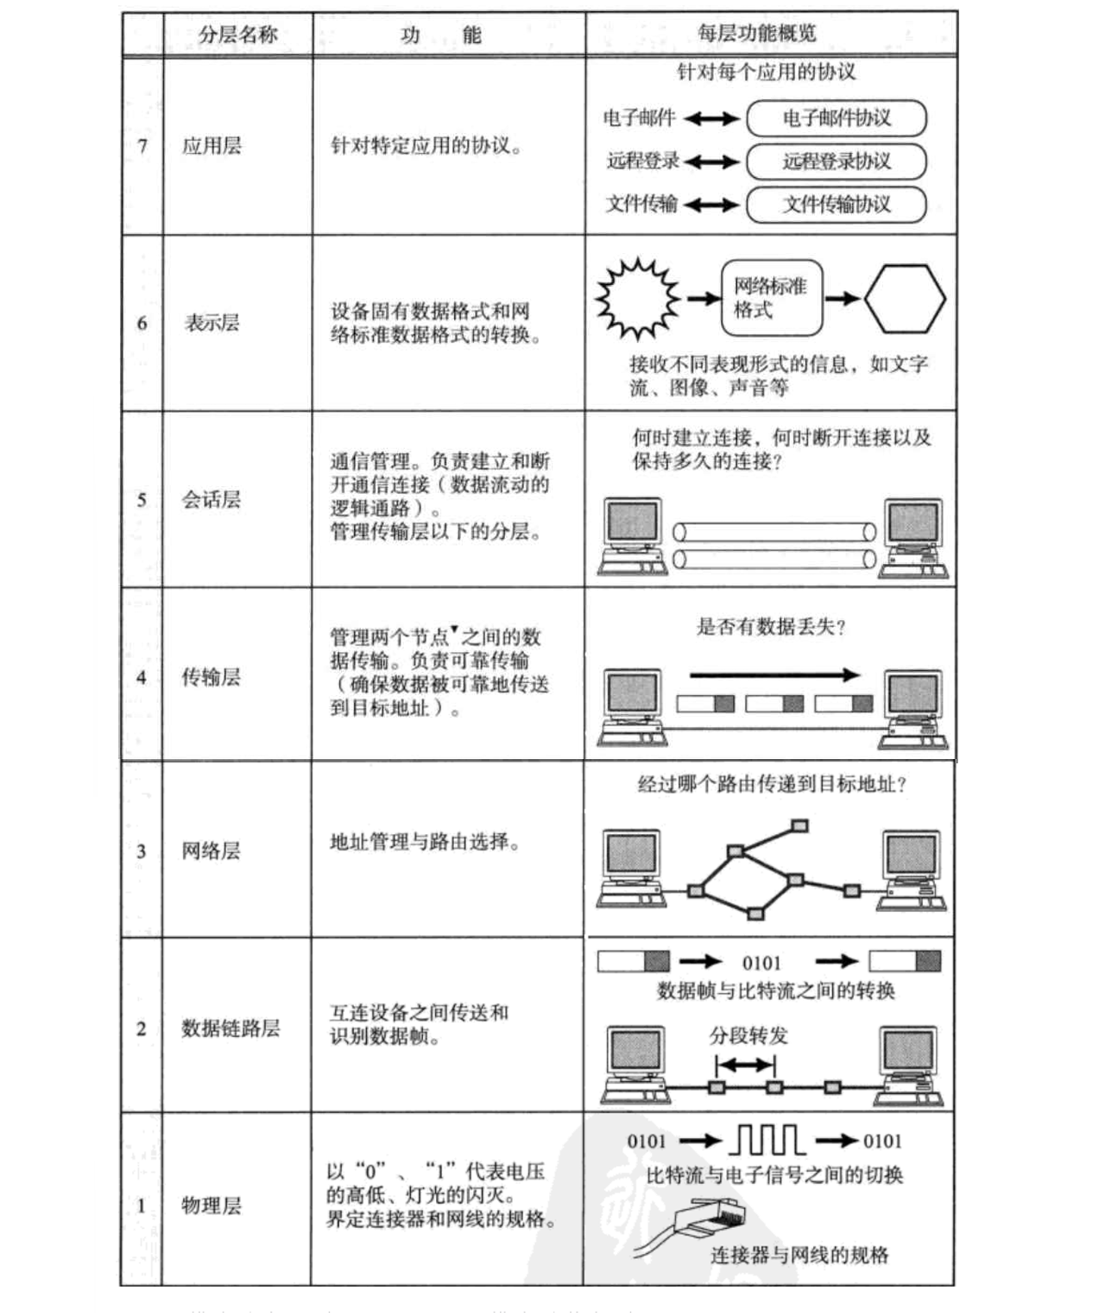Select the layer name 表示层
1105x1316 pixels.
(210, 323)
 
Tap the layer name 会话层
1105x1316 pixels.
(210, 500)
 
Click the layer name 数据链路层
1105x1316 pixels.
(230, 1028)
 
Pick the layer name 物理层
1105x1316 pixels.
(211, 1205)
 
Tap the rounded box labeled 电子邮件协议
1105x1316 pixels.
(836, 118)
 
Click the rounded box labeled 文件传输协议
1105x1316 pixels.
(836, 204)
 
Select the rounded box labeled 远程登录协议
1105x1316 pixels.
(836, 161)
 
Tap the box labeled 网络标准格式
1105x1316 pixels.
(771, 296)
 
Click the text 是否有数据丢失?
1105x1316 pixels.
(771, 628)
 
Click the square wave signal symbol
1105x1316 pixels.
(767, 1141)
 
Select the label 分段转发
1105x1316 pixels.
(748, 1035)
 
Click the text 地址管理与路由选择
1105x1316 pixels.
(426, 842)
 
